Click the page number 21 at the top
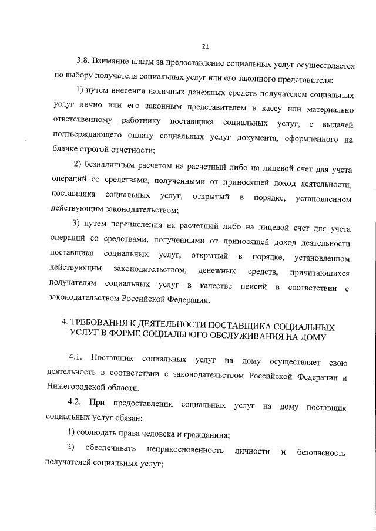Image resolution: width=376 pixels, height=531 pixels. point(205,47)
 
